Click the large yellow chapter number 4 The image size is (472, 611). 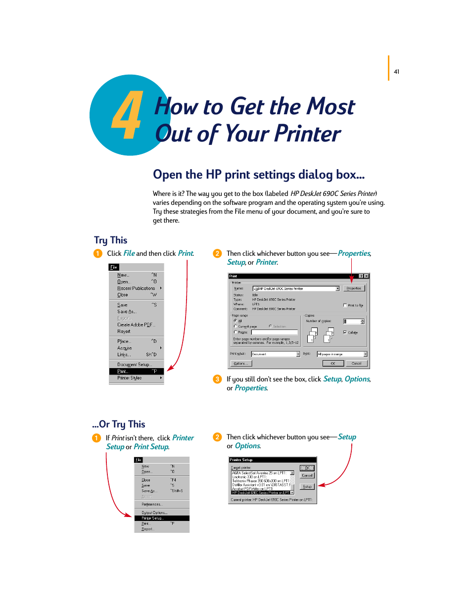[127, 115]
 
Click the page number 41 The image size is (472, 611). [396, 72]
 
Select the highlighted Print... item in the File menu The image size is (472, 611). [136, 371]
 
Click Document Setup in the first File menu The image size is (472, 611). [134, 365]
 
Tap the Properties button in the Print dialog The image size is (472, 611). [354, 288]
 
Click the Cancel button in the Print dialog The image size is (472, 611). [356, 363]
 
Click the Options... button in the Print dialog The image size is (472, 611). [240, 363]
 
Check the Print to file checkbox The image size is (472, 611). [345, 305]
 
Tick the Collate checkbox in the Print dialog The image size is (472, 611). [345, 332]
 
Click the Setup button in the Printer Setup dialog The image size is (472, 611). [307, 486]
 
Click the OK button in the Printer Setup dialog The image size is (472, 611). [307, 468]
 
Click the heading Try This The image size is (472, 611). [110, 240]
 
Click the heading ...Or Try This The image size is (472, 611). [119, 424]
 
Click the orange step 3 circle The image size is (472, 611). [217, 379]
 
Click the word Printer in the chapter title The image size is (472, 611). [307, 134]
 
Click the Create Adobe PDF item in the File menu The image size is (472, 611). [136, 325]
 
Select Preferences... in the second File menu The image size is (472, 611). [151, 504]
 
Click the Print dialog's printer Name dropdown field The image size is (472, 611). [295, 288]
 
